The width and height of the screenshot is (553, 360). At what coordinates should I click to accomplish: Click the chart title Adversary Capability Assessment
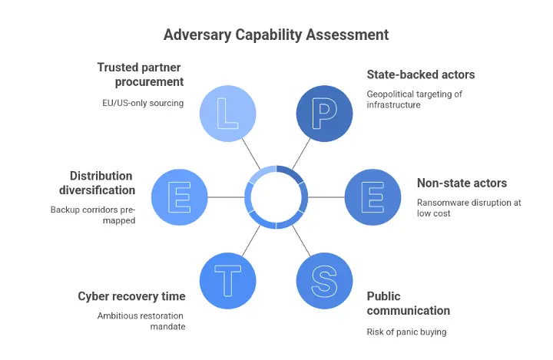pyautogui.click(x=276, y=35)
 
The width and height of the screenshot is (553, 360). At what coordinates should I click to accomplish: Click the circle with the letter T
pyautogui.click(x=228, y=281)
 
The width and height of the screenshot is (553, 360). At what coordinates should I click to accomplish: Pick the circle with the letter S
pyautogui.click(x=325, y=281)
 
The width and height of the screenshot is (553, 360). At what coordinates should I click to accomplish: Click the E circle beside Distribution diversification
pyautogui.click(x=180, y=197)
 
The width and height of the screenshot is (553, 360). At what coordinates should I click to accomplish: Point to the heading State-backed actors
pyautogui.click(x=420, y=75)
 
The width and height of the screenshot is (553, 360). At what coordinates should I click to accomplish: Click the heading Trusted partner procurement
pyautogui.click(x=141, y=74)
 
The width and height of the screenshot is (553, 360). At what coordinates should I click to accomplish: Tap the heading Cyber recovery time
pyautogui.click(x=131, y=296)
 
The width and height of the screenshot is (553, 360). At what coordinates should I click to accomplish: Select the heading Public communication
pyautogui.click(x=408, y=303)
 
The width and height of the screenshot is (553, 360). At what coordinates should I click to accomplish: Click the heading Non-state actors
pyautogui.click(x=462, y=183)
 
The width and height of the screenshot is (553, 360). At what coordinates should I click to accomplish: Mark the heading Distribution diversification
pyautogui.click(x=102, y=183)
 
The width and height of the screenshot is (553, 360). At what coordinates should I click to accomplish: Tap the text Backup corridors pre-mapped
pyautogui.click(x=93, y=215)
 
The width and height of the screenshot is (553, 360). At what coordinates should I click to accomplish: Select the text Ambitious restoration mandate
pyautogui.click(x=141, y=321)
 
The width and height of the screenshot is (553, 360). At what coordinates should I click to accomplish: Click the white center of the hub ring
pyautogui.click(x=276, y=197)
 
